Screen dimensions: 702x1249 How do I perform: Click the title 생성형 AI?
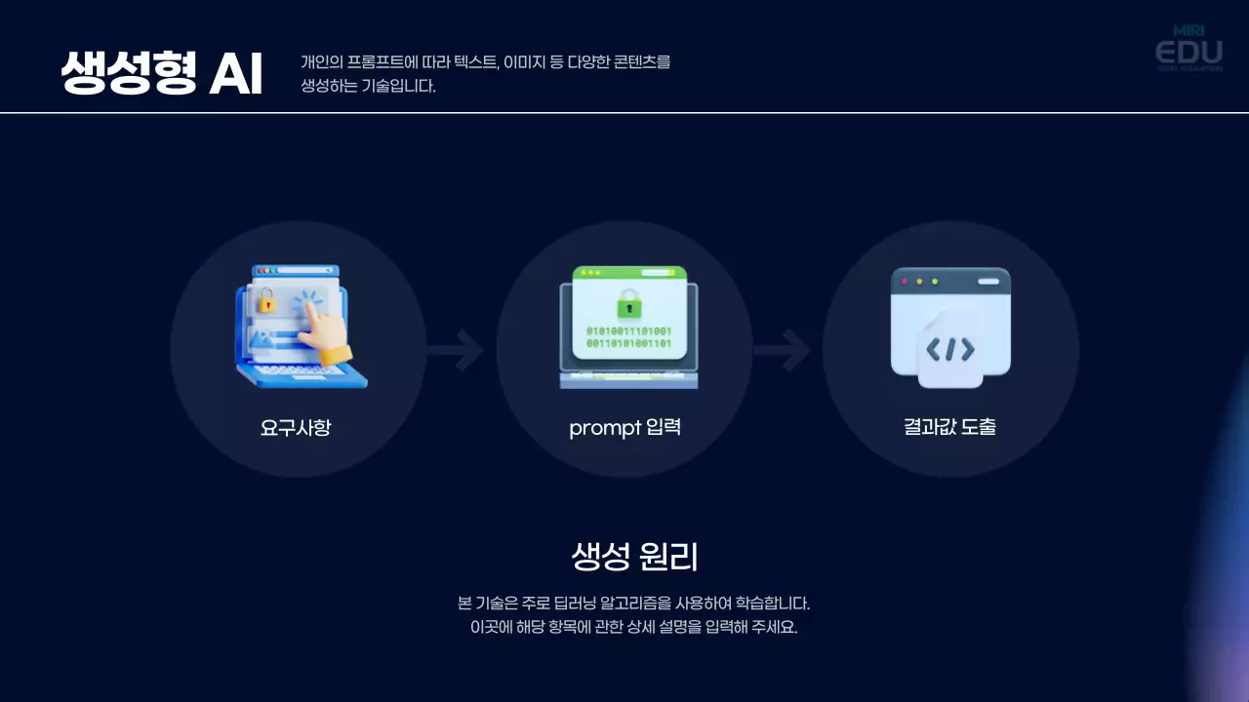click(x=162, y=73)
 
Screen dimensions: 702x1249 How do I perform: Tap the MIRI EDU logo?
click(x=1189, y=49)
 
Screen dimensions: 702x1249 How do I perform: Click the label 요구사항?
click(x=296, y=427)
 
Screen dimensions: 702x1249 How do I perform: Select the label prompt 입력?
click(x=624, y=427)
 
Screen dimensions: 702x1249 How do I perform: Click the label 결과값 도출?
click(x=949, y=427)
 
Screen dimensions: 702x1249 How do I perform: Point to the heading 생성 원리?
click(x=634, y=557)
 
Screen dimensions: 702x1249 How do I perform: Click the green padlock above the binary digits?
click(x=629, y=303)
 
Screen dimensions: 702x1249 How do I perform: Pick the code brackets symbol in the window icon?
click(x=950, y=349)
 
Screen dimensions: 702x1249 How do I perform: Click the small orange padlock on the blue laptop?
click(x=264, y=303)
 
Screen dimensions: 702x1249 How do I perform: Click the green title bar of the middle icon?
click(x=629, y=273)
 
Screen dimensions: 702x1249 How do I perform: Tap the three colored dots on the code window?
click(x=919, y=282)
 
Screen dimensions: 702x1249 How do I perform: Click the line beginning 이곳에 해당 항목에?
click(x=634, y=627)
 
